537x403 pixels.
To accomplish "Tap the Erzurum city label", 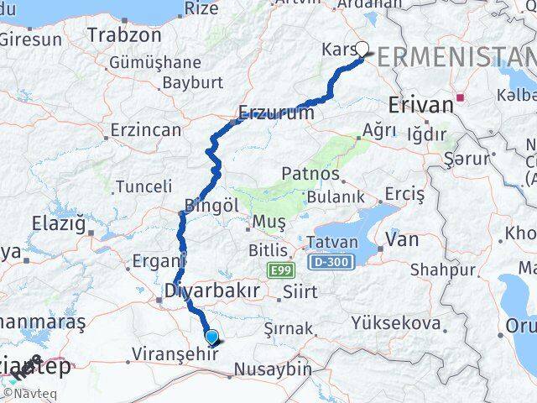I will [276, 112].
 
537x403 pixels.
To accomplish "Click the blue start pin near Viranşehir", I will [213, 338].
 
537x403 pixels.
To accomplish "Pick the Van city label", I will [402, 239].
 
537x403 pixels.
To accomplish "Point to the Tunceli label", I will [143, 186].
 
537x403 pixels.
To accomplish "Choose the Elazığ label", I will [59, 224].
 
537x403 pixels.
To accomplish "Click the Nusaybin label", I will [273, 369].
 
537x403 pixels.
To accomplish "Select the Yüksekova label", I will [396, 323].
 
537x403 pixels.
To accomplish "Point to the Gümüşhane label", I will [155, 62].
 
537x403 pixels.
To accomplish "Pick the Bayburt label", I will [192, 82].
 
